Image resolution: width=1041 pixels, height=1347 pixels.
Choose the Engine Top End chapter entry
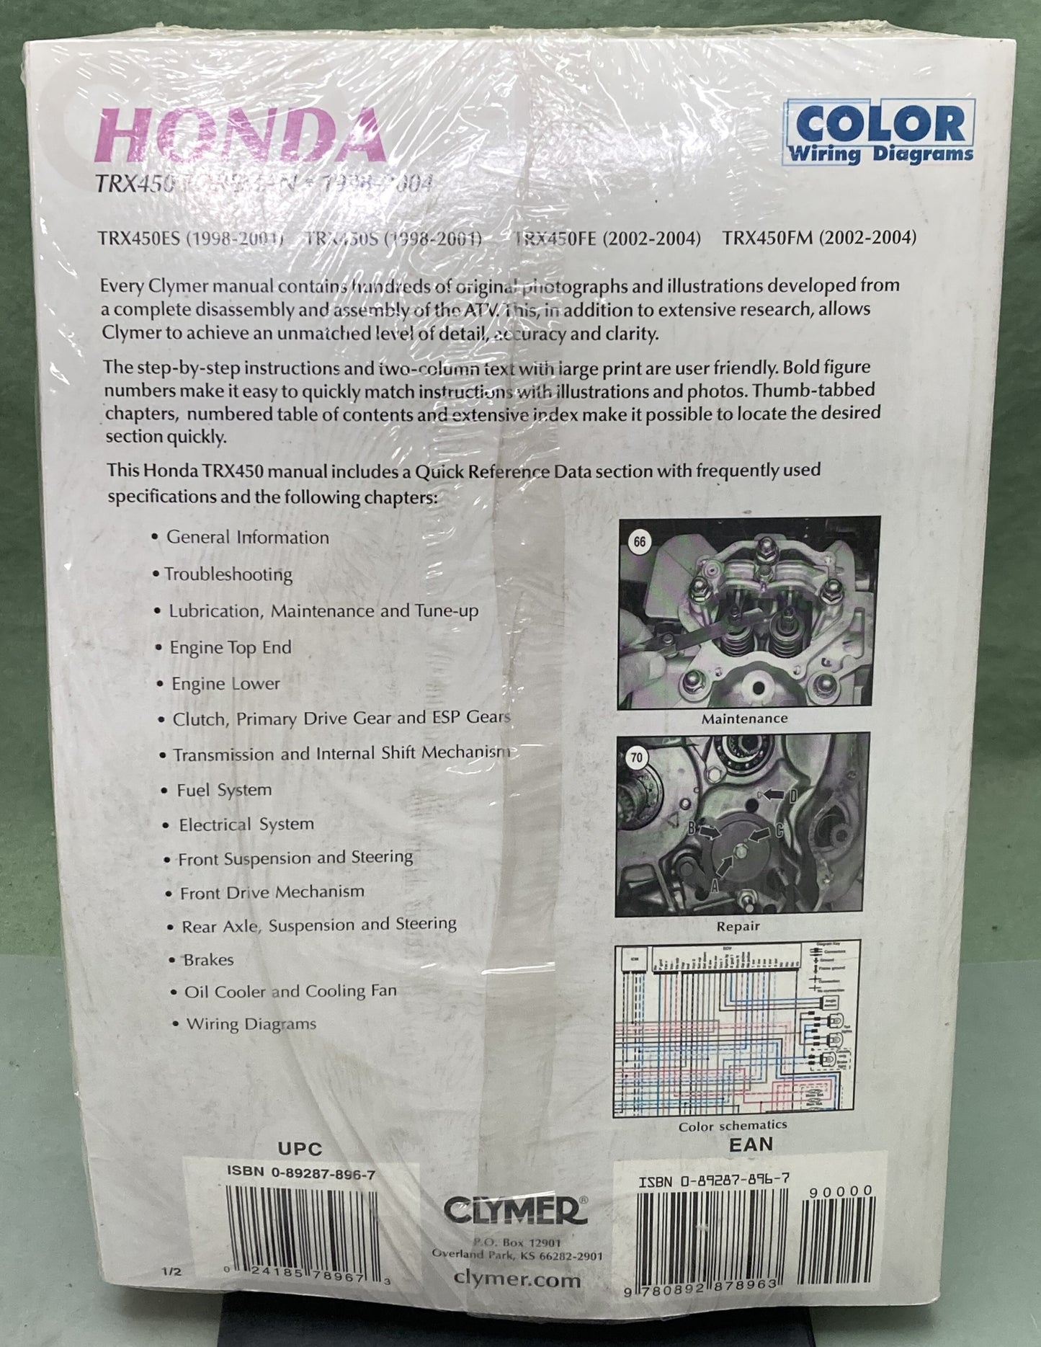pos(230,647)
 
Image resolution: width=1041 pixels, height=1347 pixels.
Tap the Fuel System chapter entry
pos(224,790)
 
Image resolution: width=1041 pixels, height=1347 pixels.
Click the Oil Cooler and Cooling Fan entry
pos(290,992)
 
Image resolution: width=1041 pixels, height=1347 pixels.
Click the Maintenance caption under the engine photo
pos(744,719)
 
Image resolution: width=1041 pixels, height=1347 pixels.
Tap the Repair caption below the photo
pos(738,926)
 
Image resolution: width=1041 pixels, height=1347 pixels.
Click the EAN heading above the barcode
pos(751,1144)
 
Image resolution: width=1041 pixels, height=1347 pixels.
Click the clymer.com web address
pos(517,1279)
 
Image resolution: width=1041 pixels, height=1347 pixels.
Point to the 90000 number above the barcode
pos(840,1191)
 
